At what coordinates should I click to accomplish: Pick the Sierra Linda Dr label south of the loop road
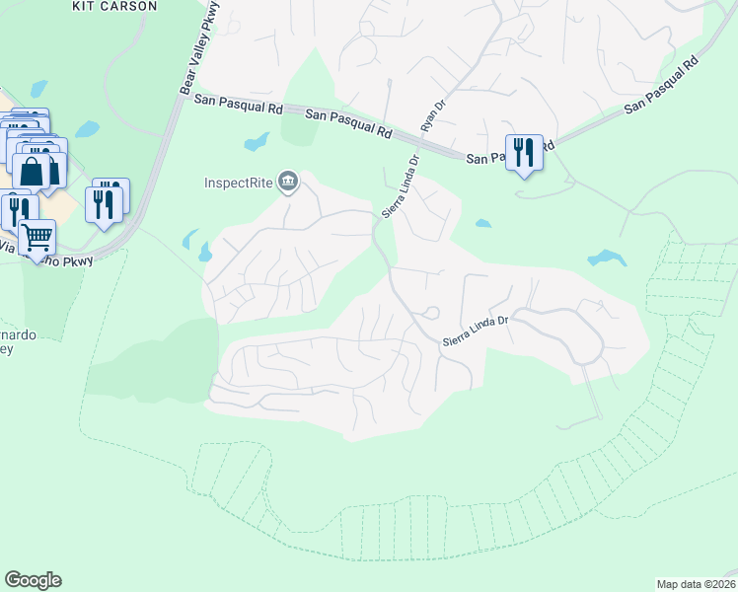475,331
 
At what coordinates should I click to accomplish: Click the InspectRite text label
239,182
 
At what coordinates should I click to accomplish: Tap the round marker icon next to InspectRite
288,181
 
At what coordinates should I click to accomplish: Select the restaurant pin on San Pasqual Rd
524,153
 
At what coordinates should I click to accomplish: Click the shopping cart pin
37,237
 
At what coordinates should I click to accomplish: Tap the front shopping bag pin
32,172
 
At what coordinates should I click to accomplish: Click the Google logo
33,580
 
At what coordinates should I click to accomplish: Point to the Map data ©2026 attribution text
695,584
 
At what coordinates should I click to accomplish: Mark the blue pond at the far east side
606,259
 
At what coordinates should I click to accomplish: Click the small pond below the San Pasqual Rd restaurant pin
482,223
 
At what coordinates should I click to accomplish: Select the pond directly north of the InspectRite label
257,142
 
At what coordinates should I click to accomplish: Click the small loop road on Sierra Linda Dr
429,315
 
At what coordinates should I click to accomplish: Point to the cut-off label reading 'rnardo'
22,334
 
